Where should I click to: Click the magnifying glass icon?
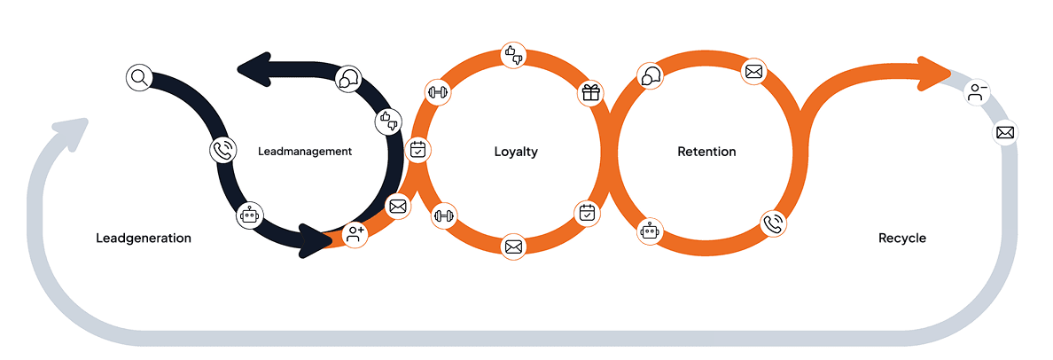[139, 77]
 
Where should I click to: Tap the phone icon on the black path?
[223, 150]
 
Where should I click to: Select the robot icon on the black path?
[251, 215]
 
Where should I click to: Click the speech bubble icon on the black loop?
[349, 80]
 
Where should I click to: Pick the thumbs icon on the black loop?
[387, 120]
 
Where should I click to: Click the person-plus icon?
[355, 235]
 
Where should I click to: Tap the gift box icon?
[591, 92]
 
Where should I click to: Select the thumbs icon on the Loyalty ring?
[514, 54]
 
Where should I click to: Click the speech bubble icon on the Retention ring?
[651, 77]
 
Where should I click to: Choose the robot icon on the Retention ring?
[651, 231]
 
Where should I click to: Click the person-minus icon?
[978, 92]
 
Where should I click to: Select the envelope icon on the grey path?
[1005, 133]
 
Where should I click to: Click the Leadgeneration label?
[144, 239]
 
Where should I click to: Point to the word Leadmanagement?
[305, 152]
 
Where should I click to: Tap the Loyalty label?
[516, 152]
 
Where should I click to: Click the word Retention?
[706, 152]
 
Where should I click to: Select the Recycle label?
[902, 239]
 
